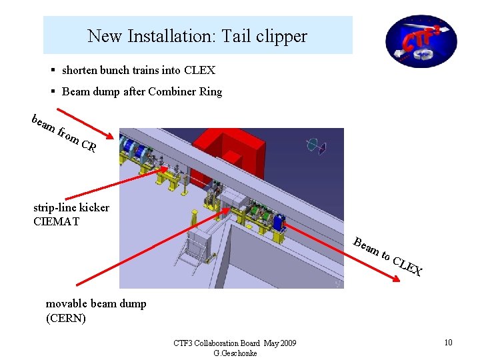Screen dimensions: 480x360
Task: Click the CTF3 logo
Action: tap(421, 41)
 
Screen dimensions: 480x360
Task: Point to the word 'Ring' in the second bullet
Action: tap(211, 92)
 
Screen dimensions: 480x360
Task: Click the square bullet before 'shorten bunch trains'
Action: tap(53, 70)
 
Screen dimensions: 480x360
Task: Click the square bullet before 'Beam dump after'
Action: tap(53, 92)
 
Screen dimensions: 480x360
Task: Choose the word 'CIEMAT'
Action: tap(56, 221)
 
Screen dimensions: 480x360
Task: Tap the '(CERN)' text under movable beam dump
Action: tap(65, 318)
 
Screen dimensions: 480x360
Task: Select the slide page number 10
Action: tap(448, 343)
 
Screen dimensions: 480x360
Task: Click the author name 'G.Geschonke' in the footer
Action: tap(235, 353)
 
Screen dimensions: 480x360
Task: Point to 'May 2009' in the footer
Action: tap(279, 343)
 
